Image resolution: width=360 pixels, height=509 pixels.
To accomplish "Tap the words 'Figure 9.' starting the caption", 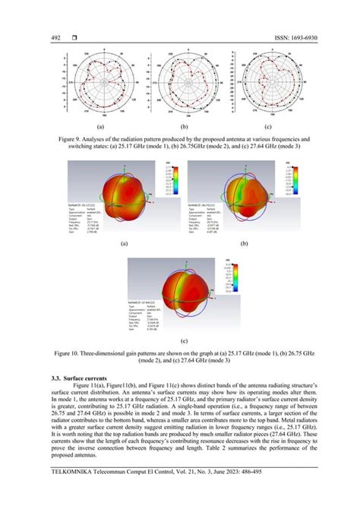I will coord(75,141).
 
